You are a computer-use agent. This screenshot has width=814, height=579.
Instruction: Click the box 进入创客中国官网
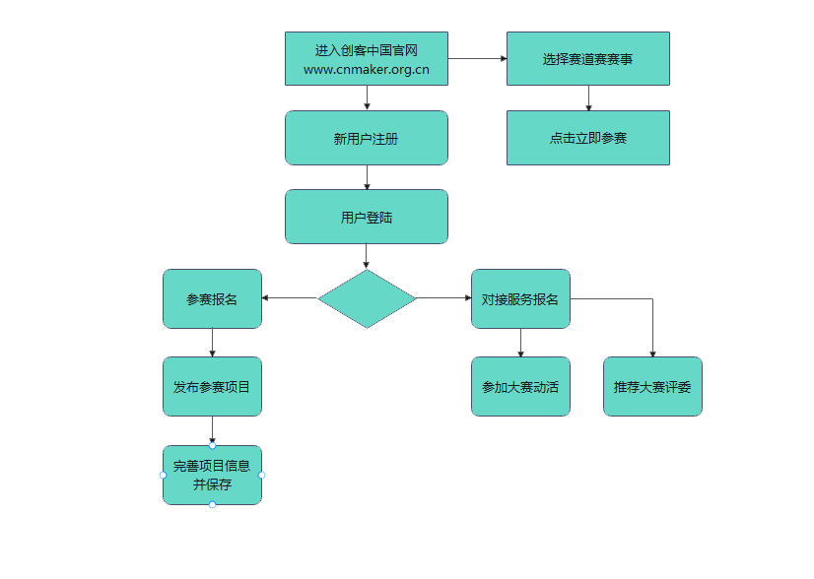[x=366, y=49]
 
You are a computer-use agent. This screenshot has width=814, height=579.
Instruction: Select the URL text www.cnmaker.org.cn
[x=366, y=70]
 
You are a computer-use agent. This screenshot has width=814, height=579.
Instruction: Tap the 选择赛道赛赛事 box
[x=587, y=59]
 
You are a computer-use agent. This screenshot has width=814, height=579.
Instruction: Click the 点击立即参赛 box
[x=587, y=138]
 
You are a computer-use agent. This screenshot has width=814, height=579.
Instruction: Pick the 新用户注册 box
[x=366, y=138]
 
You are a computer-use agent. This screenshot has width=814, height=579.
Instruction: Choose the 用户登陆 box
[x=366, y=217]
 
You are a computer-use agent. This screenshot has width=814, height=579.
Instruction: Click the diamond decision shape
[x=366, y=298]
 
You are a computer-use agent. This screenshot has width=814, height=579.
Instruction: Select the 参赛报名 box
[x=212, y=298]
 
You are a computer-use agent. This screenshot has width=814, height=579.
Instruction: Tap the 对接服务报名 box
[x=519, y=298]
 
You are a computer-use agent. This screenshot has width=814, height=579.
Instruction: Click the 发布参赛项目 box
[x=212, y=386]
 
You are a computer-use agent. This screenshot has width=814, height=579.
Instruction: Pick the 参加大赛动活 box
[x=519, y=386]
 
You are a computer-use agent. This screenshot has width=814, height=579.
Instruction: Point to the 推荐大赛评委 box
[x=651, y=386]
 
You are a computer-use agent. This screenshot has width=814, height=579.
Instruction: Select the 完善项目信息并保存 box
[x=212, y=475]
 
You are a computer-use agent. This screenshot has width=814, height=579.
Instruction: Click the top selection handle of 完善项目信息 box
[x=212, y=445]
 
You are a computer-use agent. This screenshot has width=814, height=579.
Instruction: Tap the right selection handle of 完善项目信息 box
[x=262, y=475]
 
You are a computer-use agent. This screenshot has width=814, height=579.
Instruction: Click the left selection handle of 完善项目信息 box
[x=163, y=475]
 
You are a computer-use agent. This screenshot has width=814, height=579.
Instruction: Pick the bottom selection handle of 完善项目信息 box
[x=212, y=505]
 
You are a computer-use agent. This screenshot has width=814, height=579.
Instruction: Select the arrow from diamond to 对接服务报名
[x=443, y=298]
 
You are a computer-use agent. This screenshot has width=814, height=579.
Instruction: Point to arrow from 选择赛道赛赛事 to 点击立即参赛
[x=588, y=97]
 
